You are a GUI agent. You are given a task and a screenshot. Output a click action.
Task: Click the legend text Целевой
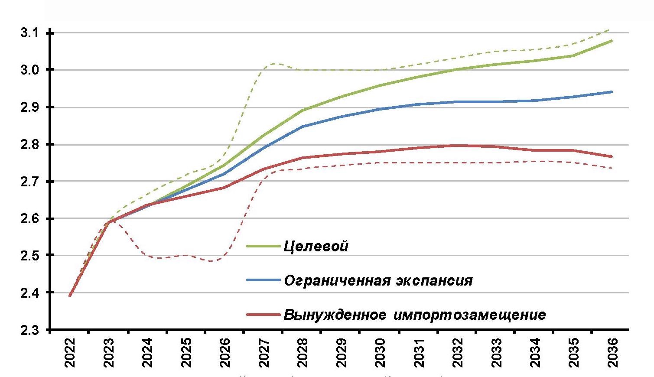[316, 247]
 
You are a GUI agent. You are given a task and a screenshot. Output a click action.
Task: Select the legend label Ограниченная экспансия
[378, 280]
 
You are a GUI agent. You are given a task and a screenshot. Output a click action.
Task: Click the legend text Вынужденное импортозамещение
[414, 314]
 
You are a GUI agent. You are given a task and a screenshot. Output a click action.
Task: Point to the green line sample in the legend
[263, 246]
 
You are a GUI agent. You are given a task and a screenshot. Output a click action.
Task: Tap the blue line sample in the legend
[263, 280]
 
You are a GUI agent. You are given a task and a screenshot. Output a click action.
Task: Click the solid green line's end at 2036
[612, 41]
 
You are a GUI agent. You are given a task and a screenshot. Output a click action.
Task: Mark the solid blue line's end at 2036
[612, 92]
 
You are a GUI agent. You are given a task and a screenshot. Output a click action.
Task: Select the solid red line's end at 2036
[612, 156]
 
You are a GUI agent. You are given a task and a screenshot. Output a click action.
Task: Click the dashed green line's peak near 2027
[272, 64]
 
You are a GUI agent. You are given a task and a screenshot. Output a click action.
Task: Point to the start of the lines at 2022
[70, 296]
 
